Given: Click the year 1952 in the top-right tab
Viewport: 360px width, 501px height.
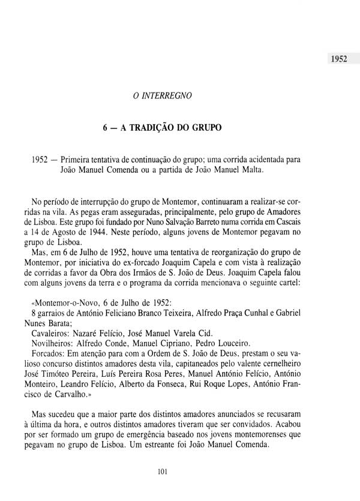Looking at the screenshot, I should [x=338, y=61].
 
